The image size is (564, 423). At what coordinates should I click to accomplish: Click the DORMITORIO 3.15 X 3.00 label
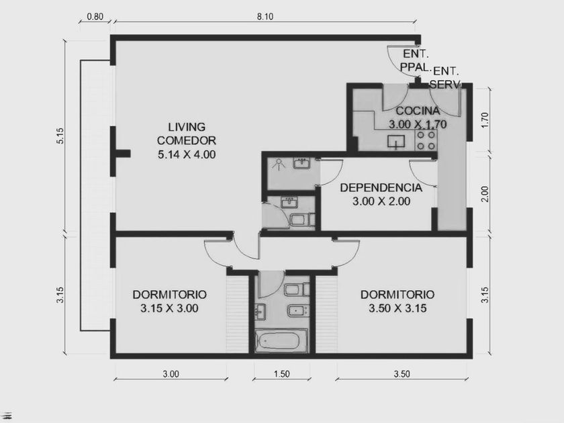pyautogui.click(x=169, y=301)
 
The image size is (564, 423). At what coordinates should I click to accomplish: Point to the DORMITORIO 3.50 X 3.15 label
pyautogui.click(x=397, y=301)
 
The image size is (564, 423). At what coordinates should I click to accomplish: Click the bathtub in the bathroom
pyautogui.click(x=281, y=341)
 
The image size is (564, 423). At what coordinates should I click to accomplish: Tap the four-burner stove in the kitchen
pyautogui.click(x=426, y=140)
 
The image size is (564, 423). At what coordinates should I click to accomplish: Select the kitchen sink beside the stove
pyautogui.click(x=396, y=142)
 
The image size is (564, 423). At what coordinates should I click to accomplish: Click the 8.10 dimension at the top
pyautogui.click(x=265, y=17)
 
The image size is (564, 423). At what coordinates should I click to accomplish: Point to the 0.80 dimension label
pyautogui.click(x=95, y=17)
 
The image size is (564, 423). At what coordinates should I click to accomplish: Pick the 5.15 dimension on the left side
pyautogui.click(x=60, y=136)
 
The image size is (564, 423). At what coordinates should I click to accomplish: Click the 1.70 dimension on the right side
pyautogui.click(x=485, y=120)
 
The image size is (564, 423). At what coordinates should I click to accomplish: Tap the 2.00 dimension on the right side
pyautogui.click(x=485, y=194)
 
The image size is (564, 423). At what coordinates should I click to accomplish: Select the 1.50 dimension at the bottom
pyautogui.click(x=281, y=374)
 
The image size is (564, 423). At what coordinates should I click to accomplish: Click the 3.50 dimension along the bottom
pyautogui.click(x=402, y=374)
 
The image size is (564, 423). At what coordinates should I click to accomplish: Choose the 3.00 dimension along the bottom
pyautogui.click(x=171, y=374)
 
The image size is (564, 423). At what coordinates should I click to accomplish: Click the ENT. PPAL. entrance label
pyautogui.click(x=416, y=60)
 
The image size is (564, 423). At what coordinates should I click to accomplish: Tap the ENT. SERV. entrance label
pyautogui.click(x=446, y=78)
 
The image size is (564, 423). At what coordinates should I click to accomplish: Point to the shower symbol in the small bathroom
pyautogui.click(x=279, y=164)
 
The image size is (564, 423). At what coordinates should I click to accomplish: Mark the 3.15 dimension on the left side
pyautogui.click(x=60, y=295)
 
